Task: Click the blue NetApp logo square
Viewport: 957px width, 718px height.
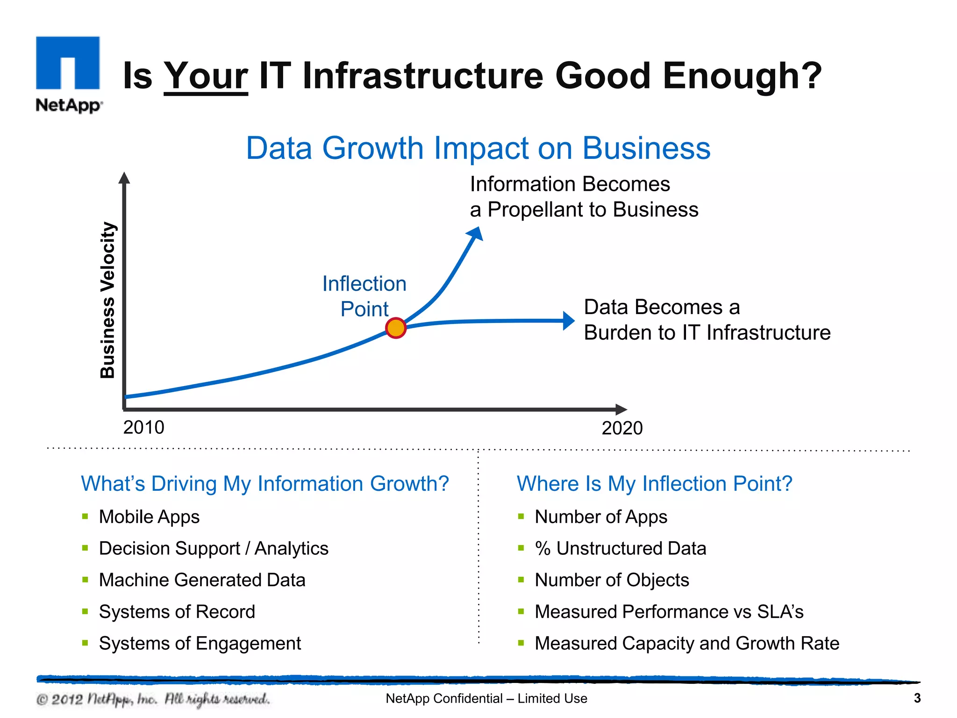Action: click(68, 63)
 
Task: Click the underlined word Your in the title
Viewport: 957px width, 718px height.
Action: click(206, 76)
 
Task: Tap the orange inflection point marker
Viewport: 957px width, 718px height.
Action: click(396, 328)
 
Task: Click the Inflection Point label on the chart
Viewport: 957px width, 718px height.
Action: click(364, 296)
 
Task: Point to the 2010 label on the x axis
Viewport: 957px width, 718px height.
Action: click(143, 427)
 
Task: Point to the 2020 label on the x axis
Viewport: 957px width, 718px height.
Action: click(622, 428)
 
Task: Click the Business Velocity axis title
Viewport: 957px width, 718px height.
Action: click(108, 300)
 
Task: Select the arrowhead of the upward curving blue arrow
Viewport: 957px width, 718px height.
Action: click(476, 233)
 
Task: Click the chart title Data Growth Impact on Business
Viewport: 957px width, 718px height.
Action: click(478, 148)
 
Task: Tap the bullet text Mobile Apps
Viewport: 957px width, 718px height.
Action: click(149, 517)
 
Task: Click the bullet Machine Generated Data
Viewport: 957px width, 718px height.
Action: click(202, 580)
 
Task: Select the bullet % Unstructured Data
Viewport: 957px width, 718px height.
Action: click(620, 548)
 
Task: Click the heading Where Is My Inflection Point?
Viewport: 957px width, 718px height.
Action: click(654, 484)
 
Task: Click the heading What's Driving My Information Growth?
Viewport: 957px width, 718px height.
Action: click(264, 484)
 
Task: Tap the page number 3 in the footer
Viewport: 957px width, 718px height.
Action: click(917, 698)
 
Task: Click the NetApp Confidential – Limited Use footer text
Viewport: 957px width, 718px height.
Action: click(486, 698)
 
